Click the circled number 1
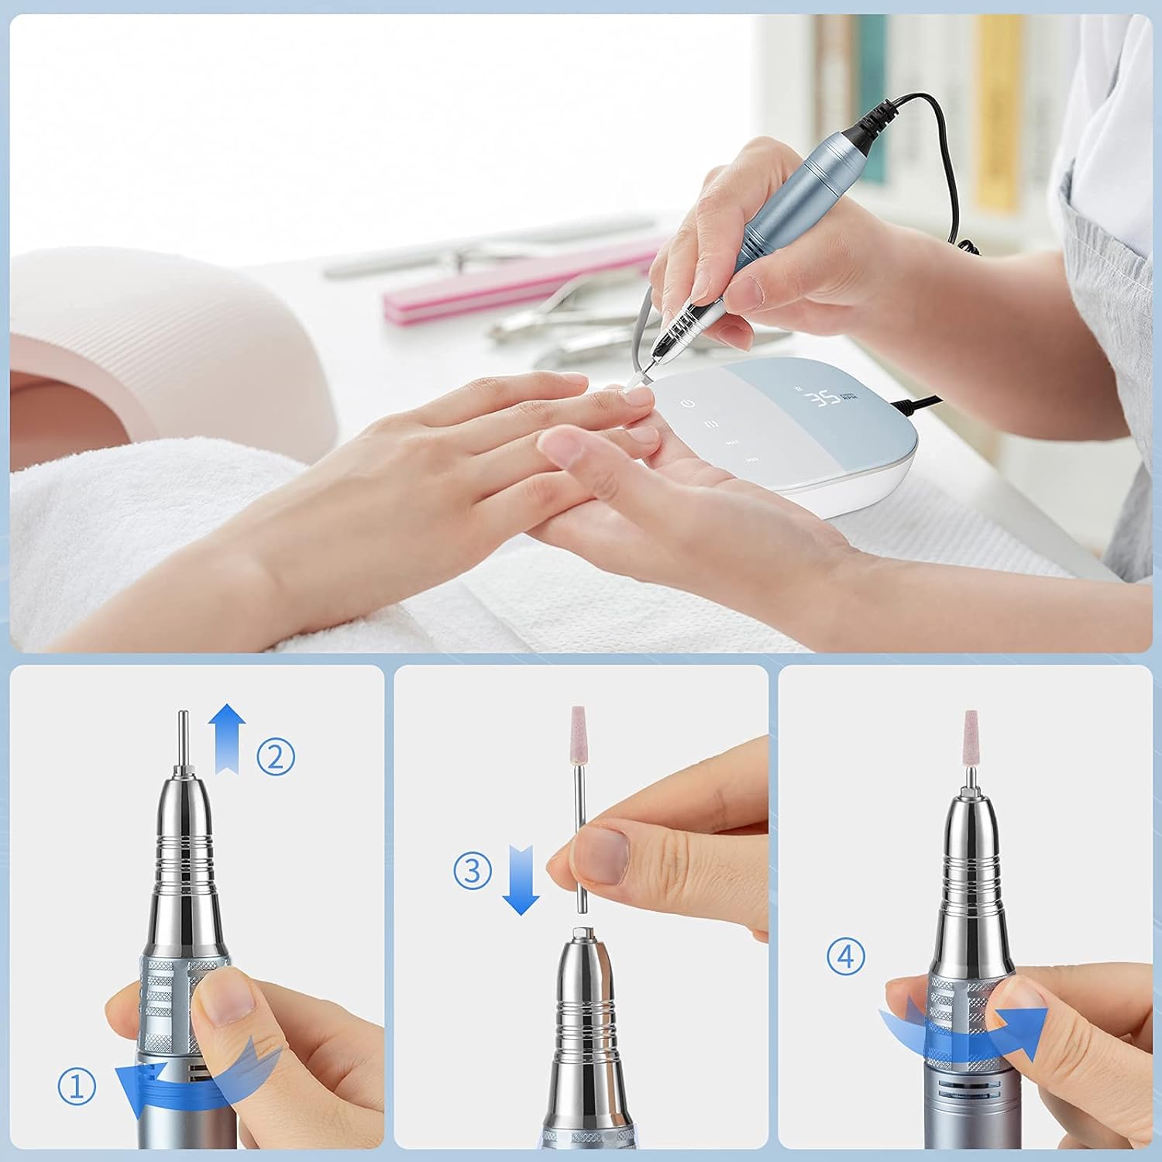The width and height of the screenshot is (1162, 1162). [77, 1088]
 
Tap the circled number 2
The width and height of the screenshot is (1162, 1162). [276, 756]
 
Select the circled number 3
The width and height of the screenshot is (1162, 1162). [473, 870]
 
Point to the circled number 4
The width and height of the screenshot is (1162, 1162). [845, 957]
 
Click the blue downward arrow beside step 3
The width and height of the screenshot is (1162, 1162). [521, 879]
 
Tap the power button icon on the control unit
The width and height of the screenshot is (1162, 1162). [686, 403]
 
